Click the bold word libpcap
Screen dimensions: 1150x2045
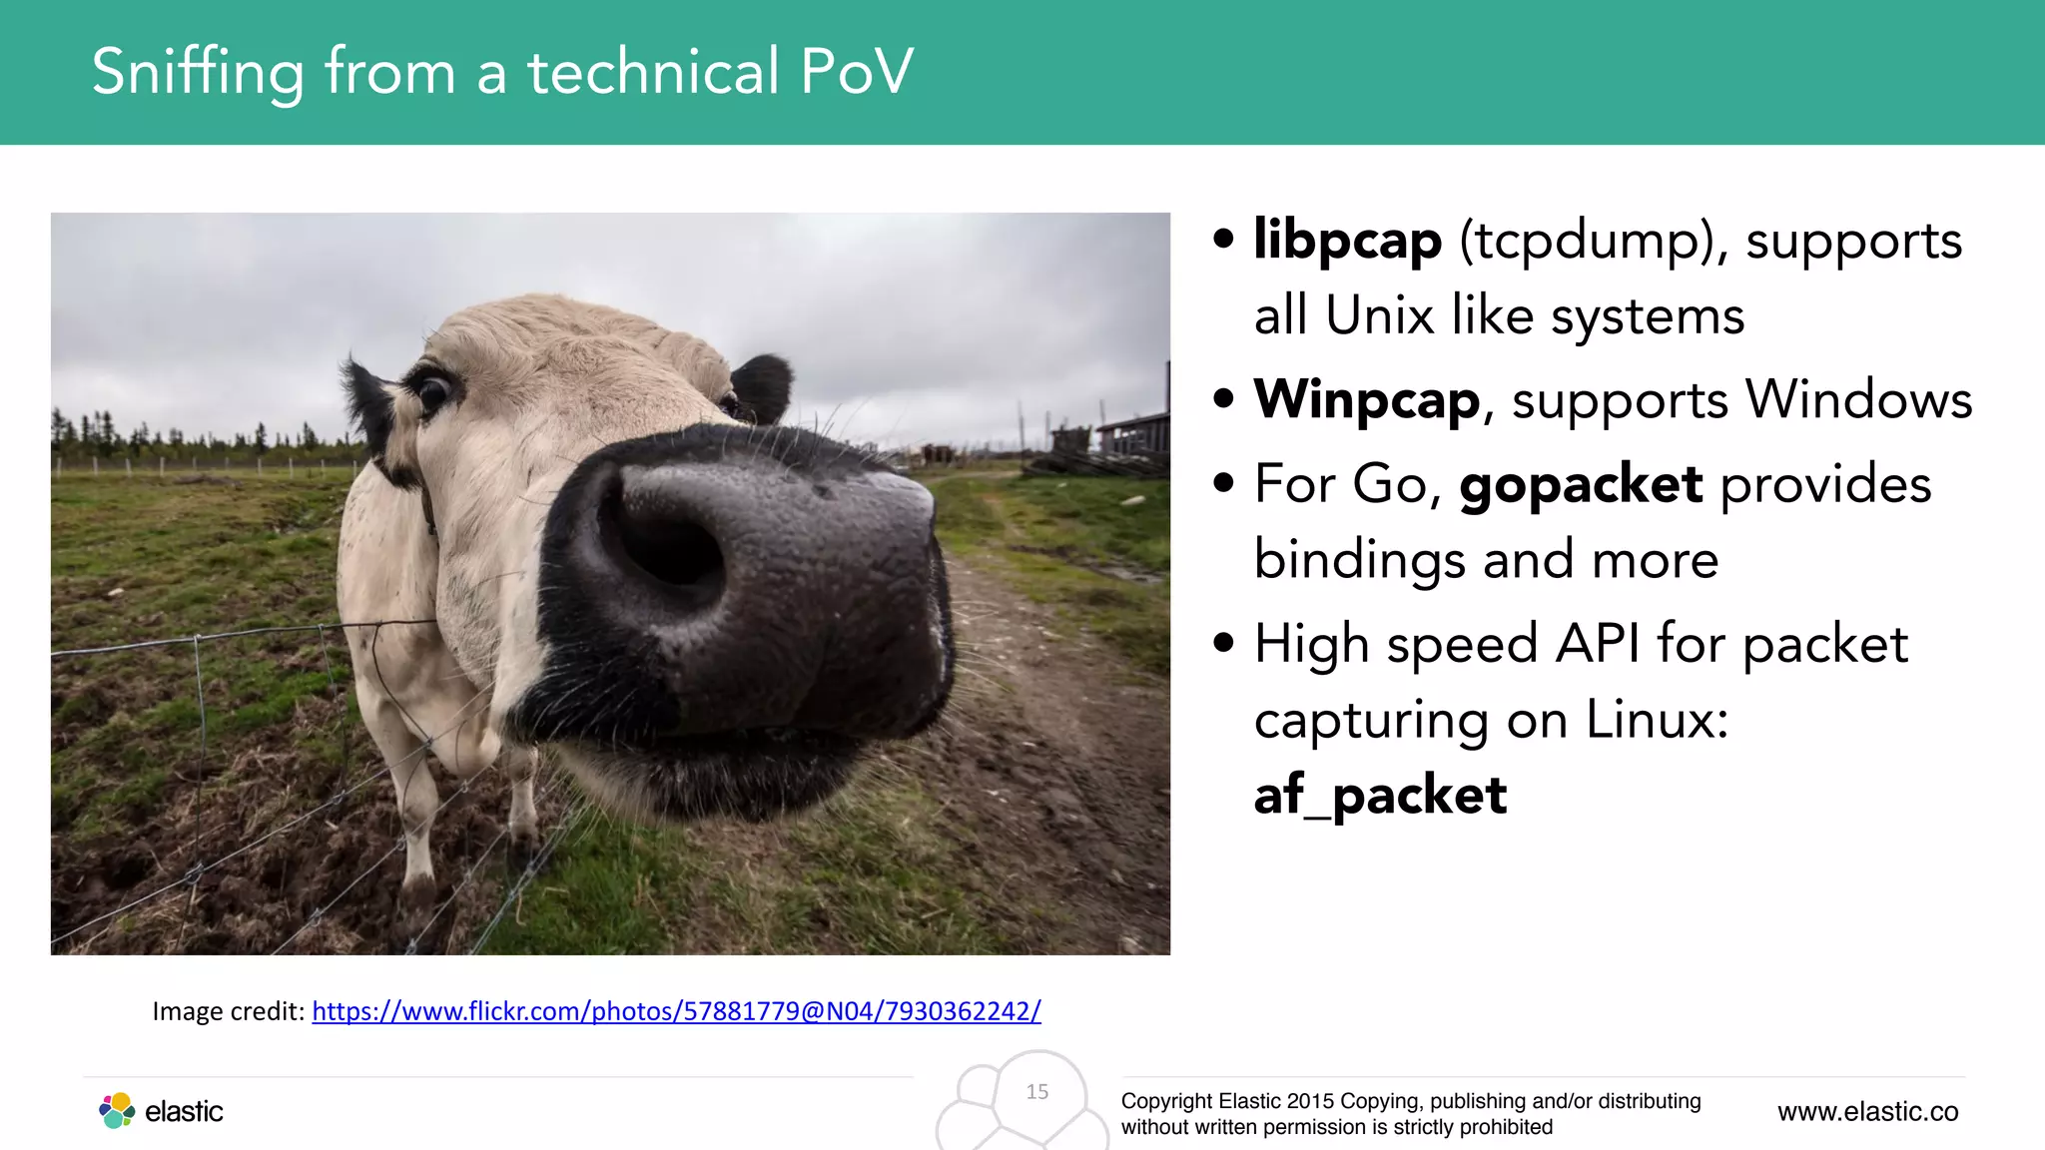(x=1347, y=241)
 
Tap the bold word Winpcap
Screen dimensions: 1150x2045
(x=1366, y=400)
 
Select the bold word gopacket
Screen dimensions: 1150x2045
(x=1580, y=485)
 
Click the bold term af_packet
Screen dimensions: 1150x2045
(x=1380, y=796)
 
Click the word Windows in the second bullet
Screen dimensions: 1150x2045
(x=1858, y=400)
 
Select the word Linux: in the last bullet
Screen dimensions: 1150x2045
(x=1657, y=720)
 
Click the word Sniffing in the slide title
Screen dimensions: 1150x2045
(x=198, y=73)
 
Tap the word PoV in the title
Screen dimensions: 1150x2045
(x=857, y=72)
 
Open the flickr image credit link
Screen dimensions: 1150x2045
(x=676, y=1011)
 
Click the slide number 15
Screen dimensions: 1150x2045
(x=1037, y=1092)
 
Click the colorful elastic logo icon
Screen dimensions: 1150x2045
(x=117, y=1110)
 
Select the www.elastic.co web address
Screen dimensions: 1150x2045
(x=1867, y=1112)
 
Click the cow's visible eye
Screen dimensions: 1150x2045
(x=433, y=391)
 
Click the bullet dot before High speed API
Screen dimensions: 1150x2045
(x=1223, y=644)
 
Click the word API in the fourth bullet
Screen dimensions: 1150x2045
(x=1597, y=644)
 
